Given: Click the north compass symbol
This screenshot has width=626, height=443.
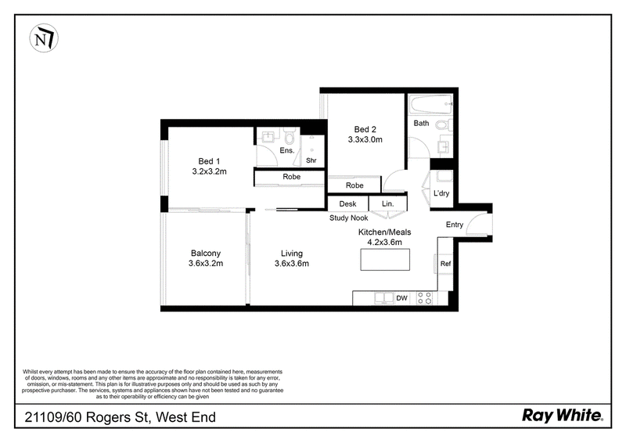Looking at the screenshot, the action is tap(44, 38).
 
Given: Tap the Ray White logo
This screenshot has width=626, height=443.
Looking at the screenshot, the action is tap(563, 416).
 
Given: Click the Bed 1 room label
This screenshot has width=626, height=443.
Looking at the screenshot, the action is tap(209, 161).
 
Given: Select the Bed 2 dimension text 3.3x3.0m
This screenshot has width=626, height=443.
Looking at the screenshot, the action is tap(365, 139).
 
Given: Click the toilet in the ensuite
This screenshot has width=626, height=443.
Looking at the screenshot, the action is tap(290, 137).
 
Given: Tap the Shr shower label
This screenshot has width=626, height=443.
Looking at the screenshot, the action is tap(311, 160).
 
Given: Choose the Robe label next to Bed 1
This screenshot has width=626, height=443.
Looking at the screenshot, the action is tap(291, 177).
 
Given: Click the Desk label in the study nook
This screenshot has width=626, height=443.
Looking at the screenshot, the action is tap(347, 203).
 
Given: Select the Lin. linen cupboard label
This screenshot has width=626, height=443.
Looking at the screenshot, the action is tap(387, 203).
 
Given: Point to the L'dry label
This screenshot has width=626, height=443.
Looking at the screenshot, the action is tap(441, 193).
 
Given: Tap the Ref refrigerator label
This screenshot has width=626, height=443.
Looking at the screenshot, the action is tap(445, 264).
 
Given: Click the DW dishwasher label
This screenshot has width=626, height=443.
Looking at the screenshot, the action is tap(401, 298).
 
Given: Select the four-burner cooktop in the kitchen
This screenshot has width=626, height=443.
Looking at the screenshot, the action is tap(424, 298).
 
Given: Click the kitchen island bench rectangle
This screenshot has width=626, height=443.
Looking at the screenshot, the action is tap(385, 260).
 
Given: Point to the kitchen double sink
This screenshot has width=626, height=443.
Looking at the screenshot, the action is tap(384, 298).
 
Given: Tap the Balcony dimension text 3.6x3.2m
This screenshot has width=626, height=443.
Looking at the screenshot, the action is tap(206, 264).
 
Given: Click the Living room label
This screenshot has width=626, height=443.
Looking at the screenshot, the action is tap(291, 254).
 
